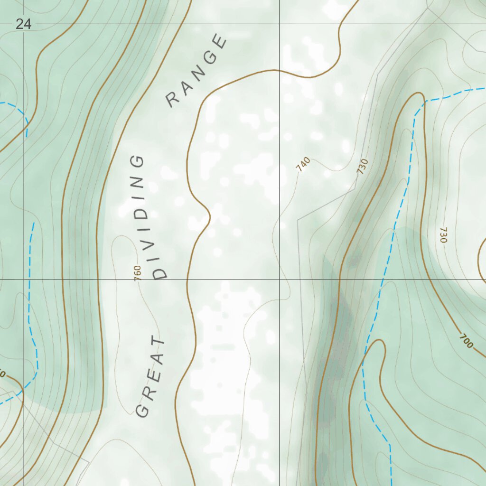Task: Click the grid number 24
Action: tap(23, 24)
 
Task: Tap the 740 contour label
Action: tap(302, 164)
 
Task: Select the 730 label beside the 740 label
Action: tap(363, 167)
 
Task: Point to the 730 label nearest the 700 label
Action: tap(443, 235)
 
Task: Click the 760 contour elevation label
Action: tap(138, 273)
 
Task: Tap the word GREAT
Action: tap(151, 376)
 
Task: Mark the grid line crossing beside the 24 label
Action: tap(24, 24)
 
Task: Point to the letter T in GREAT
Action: tap(160, 342)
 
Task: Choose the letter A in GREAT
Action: tap(156, 359)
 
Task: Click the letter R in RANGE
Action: tap(173, 100)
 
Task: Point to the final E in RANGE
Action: tap(221, 42)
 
